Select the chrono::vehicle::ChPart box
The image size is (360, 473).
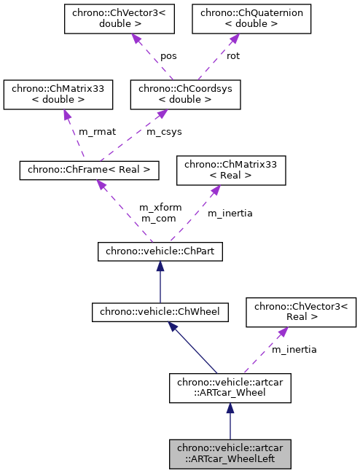point(160,251)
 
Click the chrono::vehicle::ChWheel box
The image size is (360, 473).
point(160,312)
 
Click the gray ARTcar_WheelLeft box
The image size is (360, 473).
point(230,455)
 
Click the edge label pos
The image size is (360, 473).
point(168,55)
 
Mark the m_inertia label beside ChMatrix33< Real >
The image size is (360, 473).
point(230,214)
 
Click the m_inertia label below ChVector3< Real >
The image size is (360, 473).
point(294,350)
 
